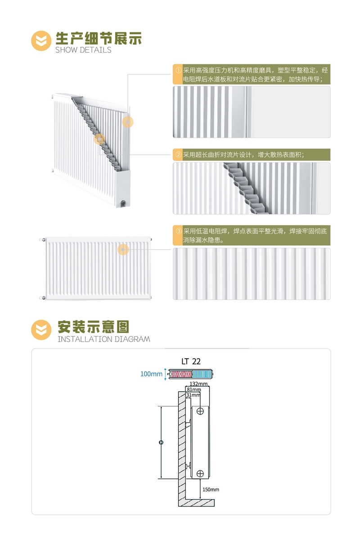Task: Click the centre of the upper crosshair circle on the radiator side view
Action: (200, 411)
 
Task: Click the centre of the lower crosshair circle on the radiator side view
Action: (200, 473)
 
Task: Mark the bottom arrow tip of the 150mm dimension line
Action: (200, 498)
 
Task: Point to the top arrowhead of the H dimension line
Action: (161, 407)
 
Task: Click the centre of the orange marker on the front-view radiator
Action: (123, 249)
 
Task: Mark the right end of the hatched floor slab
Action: (214, 502)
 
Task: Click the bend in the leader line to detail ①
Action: (128, 74)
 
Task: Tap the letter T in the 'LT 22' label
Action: (186, 361)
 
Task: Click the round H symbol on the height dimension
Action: (161, 442)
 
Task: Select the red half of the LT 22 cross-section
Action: (180, 374)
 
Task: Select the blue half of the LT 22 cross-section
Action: (202, 374)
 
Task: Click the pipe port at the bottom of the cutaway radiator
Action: (123, 203)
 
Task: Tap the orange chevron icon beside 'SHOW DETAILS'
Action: (41, 41)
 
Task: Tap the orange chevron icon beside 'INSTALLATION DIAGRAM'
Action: (41, 329)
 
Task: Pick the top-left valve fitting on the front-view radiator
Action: (42, 240)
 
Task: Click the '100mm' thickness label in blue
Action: (151, 374)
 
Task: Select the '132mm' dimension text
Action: (198, 384)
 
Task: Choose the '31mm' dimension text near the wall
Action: (193, 395)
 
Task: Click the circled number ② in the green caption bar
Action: (178, 154)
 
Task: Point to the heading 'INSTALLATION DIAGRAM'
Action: (104, 339)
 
